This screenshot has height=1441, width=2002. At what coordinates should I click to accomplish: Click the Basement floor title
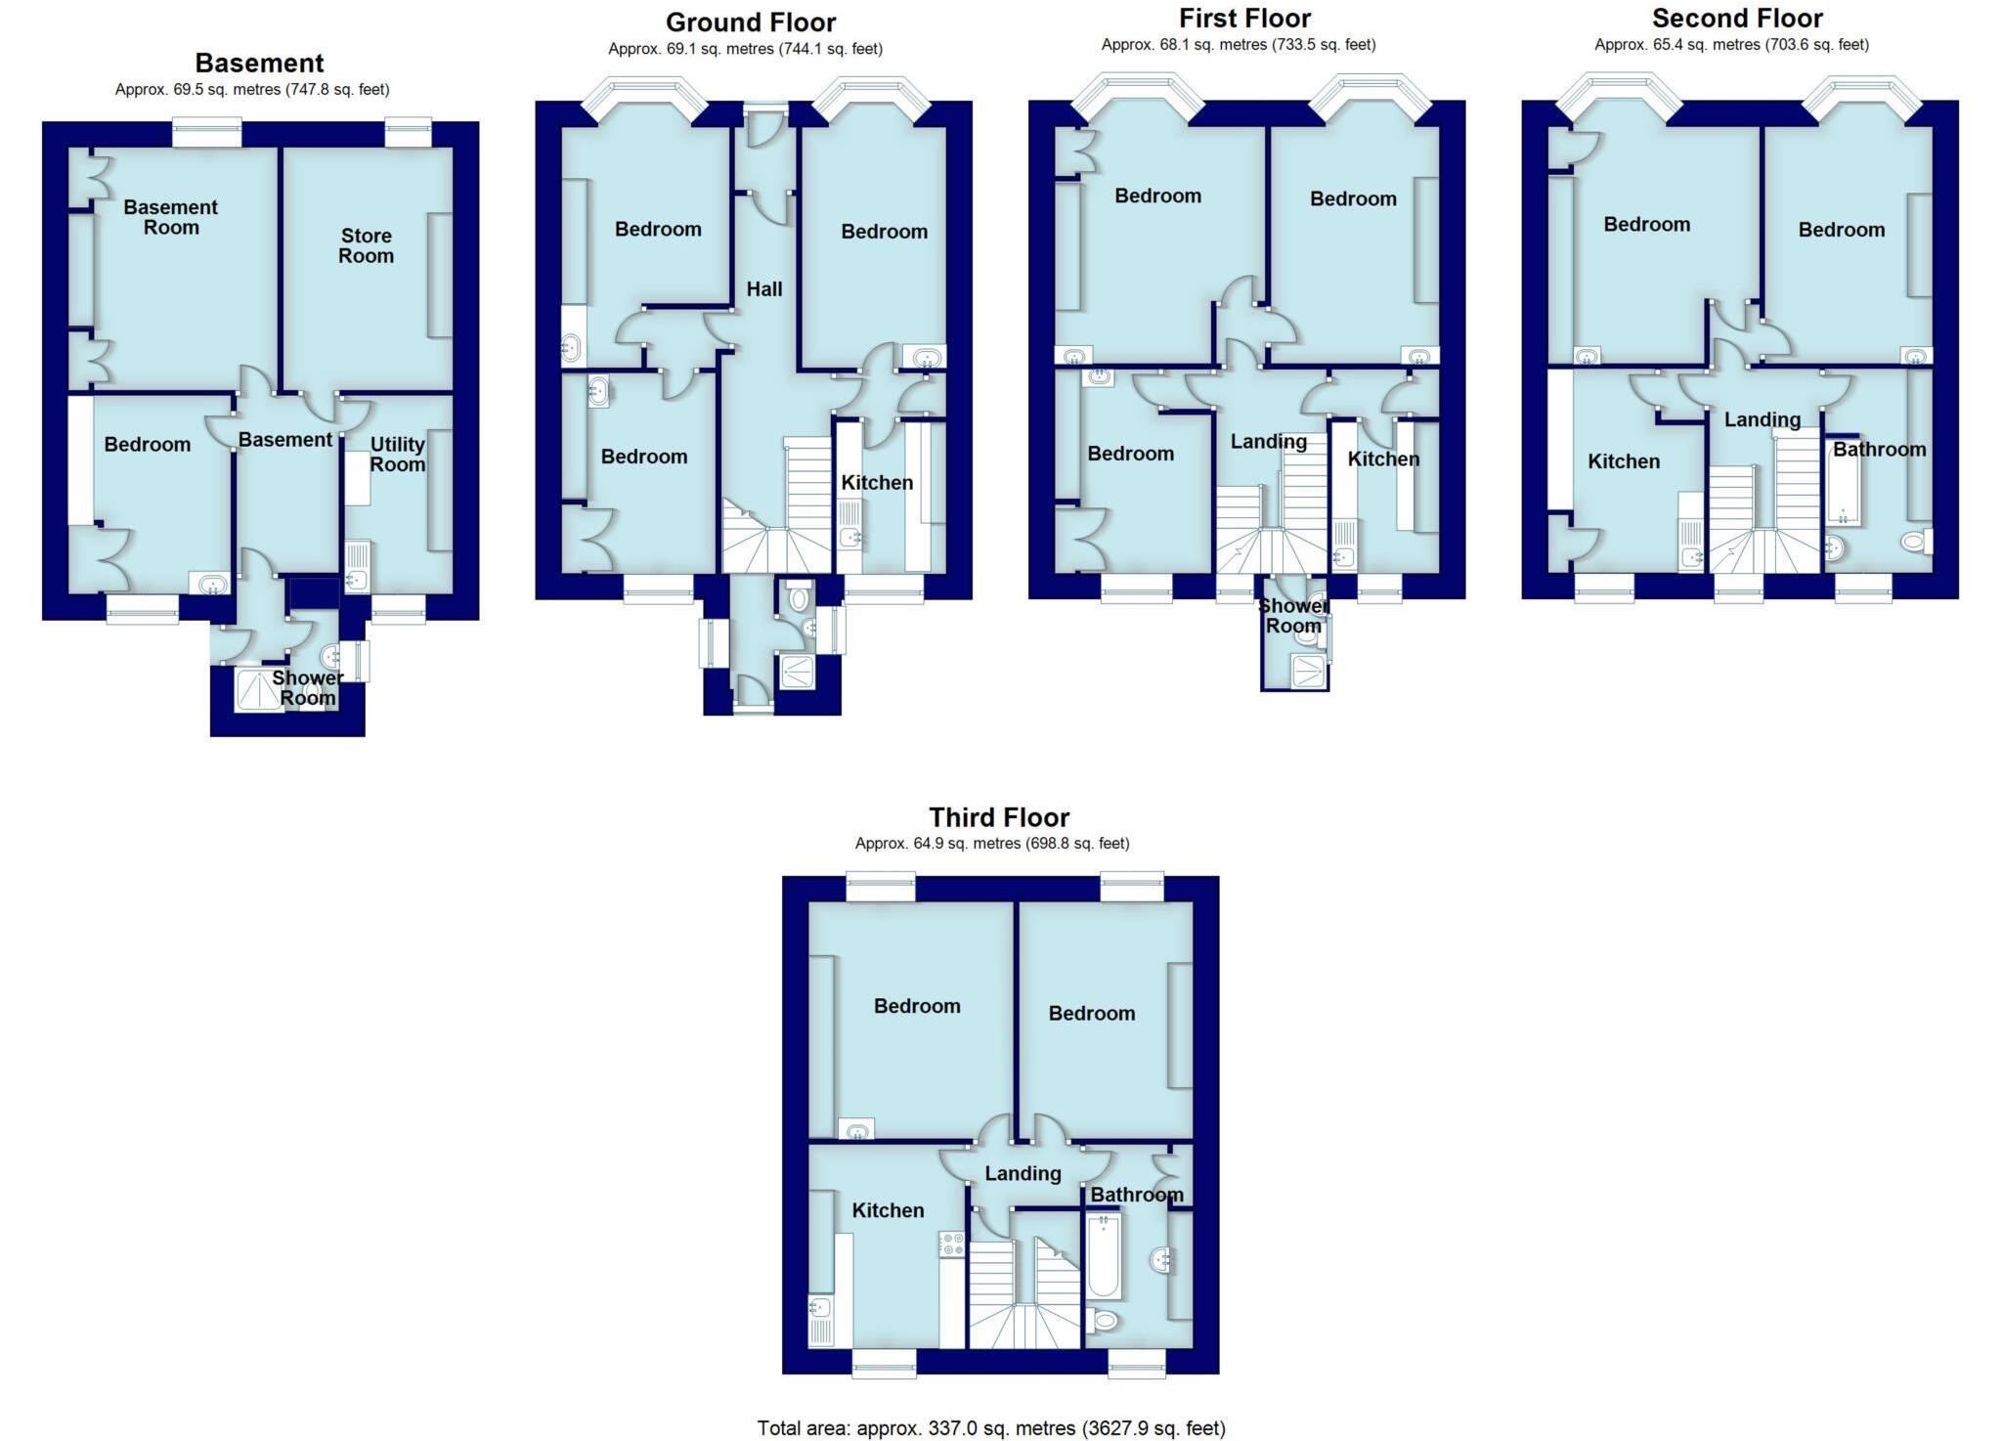(x=259, y=64)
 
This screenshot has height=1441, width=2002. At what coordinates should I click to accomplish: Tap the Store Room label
(x=366, y=245)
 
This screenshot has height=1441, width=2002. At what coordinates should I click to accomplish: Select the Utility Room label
(x=397, y=455)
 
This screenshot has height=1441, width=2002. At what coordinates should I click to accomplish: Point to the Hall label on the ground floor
(x=763, y=289)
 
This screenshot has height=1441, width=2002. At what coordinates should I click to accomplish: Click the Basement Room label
(x=170, y=217)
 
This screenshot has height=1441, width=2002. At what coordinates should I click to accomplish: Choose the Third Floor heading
(x=998, y=817)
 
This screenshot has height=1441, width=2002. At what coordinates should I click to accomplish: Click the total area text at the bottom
(x=990, y=1428)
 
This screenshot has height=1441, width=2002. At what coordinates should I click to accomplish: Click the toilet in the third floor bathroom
(x=1104, y=1321)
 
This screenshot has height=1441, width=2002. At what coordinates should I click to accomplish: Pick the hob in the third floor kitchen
(x=952, y=1244)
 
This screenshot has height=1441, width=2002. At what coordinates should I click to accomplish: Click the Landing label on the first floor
(x=1268, y=442)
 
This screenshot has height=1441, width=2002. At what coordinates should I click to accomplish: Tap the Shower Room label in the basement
(x=307, y=688)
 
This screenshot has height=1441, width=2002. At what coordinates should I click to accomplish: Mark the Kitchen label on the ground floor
(x=877, y=483)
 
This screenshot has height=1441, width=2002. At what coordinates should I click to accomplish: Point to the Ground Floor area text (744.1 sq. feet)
(x=745, y=49)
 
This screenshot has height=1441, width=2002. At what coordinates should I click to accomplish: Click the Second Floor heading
(x=1737, y=19)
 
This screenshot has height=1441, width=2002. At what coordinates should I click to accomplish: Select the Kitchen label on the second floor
(x=1623, y=461)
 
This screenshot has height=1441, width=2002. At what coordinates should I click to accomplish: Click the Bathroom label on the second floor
(x=1879, y=450)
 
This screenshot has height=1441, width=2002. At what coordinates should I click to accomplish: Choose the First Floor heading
(x=1244, y=19)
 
